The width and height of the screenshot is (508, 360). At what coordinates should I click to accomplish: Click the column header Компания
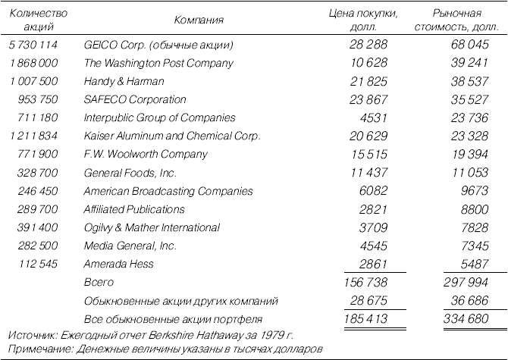pos(199,20)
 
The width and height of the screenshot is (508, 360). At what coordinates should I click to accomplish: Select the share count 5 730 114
pos(33,45)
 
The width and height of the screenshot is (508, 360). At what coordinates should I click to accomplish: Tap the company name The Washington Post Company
pos(158,63)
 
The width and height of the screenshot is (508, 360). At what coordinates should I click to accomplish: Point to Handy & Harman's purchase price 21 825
pos(368,81)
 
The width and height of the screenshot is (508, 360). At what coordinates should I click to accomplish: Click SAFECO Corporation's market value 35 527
pos(469,99)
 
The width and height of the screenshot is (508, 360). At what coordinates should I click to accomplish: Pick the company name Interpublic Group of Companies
pos(159,117)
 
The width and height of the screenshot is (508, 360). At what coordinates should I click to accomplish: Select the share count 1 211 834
pos(33,136)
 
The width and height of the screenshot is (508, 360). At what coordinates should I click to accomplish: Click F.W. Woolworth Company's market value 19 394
pos(470,154)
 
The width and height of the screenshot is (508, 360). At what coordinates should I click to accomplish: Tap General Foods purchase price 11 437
pos(368,172)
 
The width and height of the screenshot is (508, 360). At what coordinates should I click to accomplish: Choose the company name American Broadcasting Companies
pos(168,191)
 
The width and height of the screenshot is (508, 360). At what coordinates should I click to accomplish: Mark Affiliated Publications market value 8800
pos(475,209)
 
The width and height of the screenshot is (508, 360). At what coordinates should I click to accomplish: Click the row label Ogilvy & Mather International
pos(152,227)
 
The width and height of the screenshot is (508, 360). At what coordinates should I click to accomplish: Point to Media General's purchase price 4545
pos(373,246)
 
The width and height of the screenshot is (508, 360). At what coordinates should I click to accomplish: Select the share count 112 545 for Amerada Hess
pos(38,264)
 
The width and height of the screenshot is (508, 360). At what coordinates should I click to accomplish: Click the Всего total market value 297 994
pos(466,282)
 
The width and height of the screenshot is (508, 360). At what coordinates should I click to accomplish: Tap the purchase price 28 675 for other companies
pos(368,301)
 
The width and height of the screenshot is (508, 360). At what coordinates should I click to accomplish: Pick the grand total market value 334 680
pos(466,319)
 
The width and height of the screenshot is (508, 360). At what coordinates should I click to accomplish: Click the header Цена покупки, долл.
pos(363,20)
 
